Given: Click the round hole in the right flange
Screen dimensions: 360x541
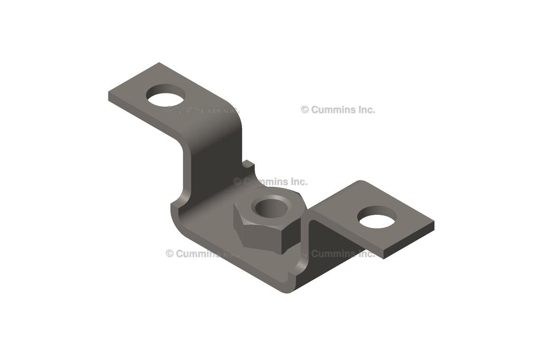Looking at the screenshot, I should [x=377, y=217].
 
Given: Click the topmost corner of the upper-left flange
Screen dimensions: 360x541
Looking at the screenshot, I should [x=158, y=63].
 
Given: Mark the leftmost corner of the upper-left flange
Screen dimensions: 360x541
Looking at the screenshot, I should [x=109, y=95].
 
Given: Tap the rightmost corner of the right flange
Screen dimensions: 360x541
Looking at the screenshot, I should [x=433, y=224].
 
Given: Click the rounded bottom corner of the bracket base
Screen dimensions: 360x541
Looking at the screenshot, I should [x=288, y=290].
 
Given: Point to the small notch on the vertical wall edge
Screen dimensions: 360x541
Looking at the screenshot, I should [x=248, y=165].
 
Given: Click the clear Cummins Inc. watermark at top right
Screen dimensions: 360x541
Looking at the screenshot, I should [x=338, y=110].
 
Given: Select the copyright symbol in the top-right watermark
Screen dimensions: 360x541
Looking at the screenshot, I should [x=305, y=110].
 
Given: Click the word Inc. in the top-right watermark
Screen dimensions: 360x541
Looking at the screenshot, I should [x=365, y=110].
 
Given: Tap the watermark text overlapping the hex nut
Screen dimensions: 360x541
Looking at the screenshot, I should [x=270, y=182].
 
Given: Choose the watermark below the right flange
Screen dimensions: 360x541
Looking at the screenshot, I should [x=341, y=254].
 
